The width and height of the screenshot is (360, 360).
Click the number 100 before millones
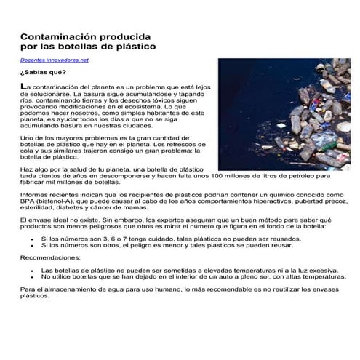coord(239,175)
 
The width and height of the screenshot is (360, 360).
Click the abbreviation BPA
coord(28,204)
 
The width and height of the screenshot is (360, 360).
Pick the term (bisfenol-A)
coord(60,204)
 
